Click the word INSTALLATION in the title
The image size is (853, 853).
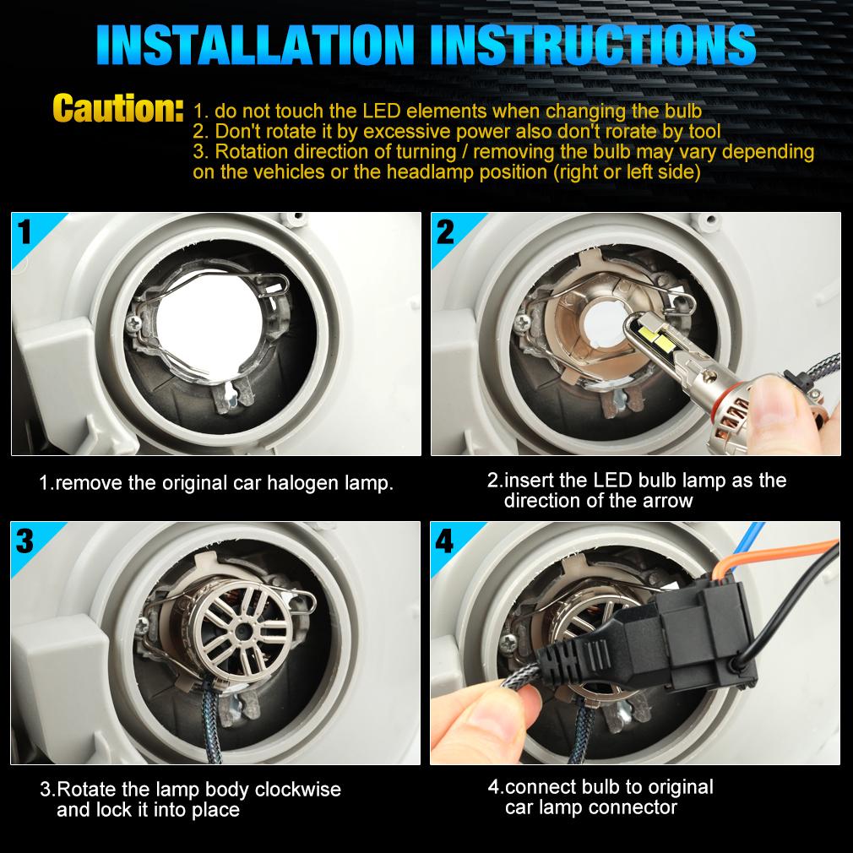point(255,45)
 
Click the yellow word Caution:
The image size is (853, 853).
point(117,108)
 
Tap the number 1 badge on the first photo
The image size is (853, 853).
point(24,231)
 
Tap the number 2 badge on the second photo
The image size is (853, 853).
point(445,231)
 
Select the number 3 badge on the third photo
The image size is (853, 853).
point(24,541)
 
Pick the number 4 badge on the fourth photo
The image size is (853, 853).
point(444,541)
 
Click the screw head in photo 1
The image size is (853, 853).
point(133,324)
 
